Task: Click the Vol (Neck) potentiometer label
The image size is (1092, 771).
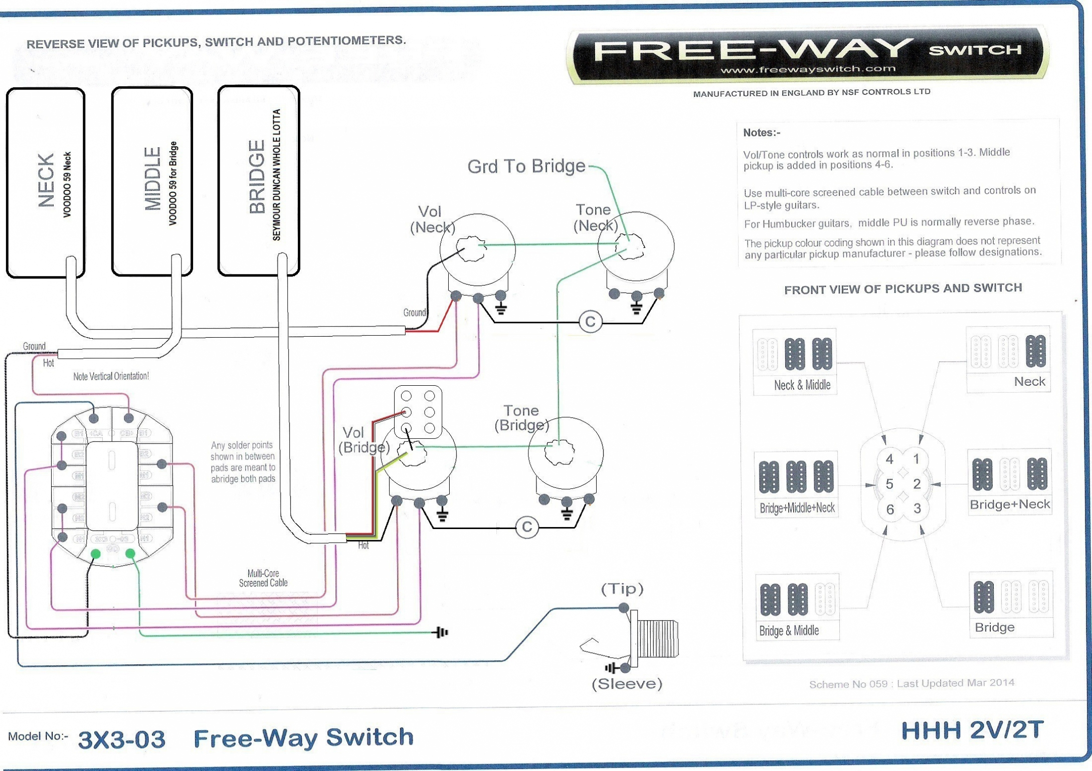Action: [x=432, y=219]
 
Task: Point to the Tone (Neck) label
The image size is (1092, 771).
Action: [x=595, y=217]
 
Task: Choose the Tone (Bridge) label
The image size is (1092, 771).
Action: [x=521, y=418]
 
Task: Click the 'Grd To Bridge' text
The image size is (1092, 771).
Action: [x=526, y=166]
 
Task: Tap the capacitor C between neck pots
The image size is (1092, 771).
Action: [x=590, y=322]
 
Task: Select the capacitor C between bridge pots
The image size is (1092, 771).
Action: [x=526, y=527]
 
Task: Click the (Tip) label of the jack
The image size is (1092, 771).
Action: [x=622, y=589]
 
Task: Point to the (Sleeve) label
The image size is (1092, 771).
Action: [x=627, y=684]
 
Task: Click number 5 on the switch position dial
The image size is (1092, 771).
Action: [x=889, y=484]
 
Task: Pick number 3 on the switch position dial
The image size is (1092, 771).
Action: [x=917, y=508]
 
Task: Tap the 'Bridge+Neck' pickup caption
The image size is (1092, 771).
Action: [x=1009, y=504]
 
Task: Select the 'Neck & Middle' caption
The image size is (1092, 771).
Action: [x=802, y=385]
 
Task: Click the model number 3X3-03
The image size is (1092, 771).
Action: [x=121, y=739]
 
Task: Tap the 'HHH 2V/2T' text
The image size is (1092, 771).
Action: [x=972, y=730]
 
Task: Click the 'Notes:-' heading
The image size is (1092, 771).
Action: [x=762, y=133]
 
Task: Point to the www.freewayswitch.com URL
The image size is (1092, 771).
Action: [x=807, y=69]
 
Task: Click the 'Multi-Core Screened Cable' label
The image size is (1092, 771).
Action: [x=263, y=578]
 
